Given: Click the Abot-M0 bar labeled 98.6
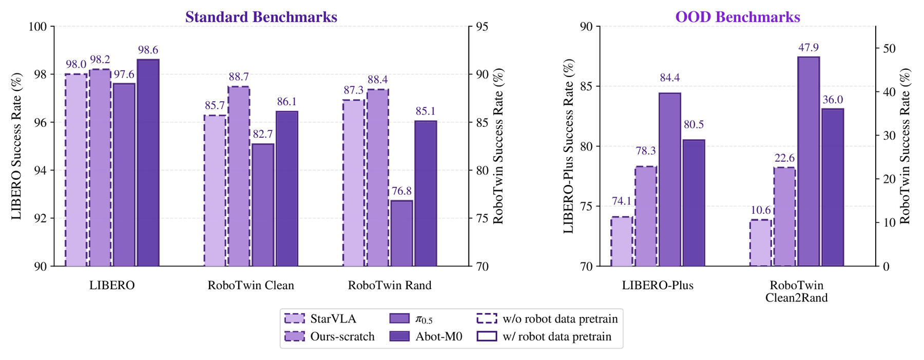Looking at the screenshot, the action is pos(148,163).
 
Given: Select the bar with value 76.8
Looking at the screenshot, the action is pos(401,233).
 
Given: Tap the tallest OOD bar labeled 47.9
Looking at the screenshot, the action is pos(808,161).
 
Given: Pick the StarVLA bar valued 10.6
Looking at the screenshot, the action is pos(760,243).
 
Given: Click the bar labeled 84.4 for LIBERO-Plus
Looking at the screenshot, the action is pos(670,180).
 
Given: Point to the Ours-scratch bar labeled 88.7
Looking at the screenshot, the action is pos(239,176).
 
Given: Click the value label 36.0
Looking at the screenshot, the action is pos(833,100).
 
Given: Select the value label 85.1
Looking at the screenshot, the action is pos(426,111).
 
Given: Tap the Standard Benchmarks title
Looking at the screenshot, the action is pos(261,17).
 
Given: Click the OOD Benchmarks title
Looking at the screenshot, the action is pos(738,17).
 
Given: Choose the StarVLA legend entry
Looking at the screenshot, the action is pos(320,319).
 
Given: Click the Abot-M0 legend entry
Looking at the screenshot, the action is pos(426,336).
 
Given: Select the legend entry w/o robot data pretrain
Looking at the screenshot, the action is pos(547,319).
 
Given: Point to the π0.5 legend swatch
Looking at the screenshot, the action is pos(399,319).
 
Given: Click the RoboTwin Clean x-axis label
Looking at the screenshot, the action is pos(251,286).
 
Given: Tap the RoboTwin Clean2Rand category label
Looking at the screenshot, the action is pos(797,292).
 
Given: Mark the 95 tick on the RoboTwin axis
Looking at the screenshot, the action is pos(480,27).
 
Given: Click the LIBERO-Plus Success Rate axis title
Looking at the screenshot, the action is pos(568,146).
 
